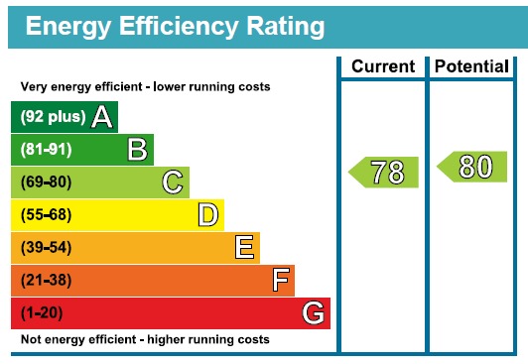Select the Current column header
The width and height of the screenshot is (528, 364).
tap(383, 66)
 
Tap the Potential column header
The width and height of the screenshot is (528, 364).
tap(473, 66)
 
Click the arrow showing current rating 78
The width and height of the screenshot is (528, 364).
tap(384, 172)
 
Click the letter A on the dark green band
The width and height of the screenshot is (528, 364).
tap(101, 118)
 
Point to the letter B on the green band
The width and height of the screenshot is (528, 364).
tap(137, 150)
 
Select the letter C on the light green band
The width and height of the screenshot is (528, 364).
tap(173, 182)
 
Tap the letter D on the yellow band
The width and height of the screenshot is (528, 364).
tap(207, 215)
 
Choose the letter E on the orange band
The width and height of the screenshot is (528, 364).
tap(244, 247)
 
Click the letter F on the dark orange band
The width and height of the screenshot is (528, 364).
tap(281, 281)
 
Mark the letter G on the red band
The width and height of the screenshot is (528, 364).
tap(314, 313)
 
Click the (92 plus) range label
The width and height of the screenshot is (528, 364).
tap(53, 118)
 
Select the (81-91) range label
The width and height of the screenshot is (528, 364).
tap(46, 150)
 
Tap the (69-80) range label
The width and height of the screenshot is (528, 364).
tap(46, 182)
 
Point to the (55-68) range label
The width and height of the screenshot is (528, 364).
tap(46, 215)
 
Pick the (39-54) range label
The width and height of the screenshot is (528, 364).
tap(46, 248)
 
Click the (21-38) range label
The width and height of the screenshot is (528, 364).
tap(46, 281)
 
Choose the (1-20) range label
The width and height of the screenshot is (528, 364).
tap(43, 313)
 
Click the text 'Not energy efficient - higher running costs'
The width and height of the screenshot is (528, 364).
tap(145, 340)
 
